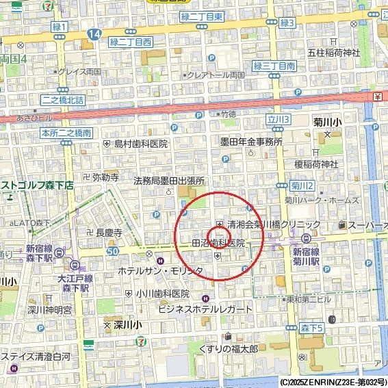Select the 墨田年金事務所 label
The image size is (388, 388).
pos(250,142)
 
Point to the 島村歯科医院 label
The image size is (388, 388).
pos(140,144)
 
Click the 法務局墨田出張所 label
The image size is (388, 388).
pos(169,181)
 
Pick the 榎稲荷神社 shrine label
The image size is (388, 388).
pos(316,164)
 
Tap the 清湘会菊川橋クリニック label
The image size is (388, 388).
pos(274,224)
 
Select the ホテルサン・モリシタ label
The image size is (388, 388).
pos(160,271)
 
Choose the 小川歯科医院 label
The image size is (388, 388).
pos(161,293)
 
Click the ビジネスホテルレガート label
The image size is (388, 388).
pos(205,309)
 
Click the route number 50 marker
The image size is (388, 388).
pos(112,253)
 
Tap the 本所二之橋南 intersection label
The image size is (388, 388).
pos(66,133)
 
